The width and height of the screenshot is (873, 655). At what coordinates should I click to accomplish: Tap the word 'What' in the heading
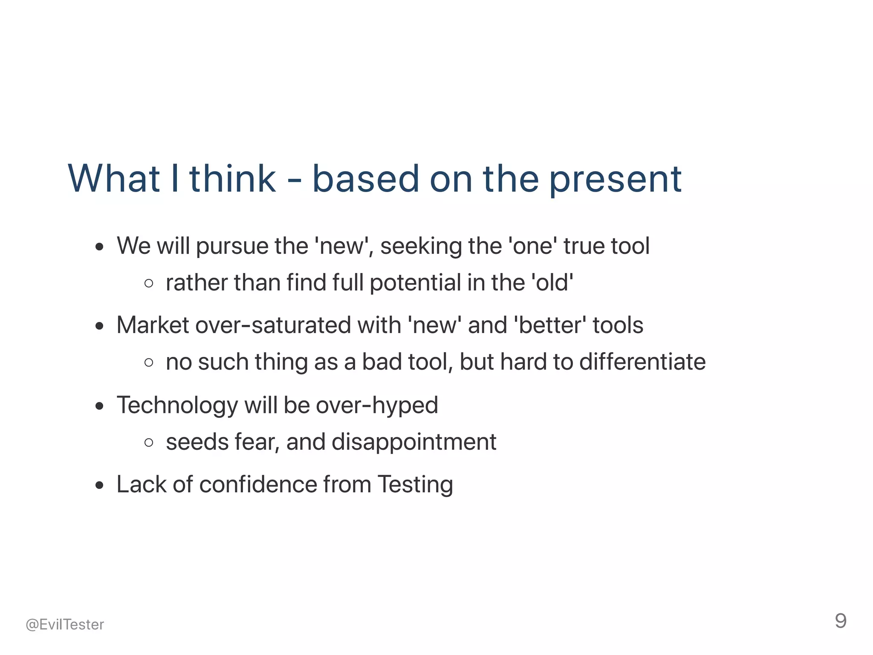click(x=113, y=179)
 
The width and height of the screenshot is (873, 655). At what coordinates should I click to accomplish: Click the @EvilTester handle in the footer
click(x=65, y=624)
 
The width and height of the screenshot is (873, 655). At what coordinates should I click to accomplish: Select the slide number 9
click(x=840, y=621)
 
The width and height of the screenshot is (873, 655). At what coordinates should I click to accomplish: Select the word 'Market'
click(x=153, y=325)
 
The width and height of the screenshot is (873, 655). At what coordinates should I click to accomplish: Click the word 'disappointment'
click(x=413, y=442)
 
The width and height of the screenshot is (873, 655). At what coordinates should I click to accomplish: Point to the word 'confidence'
click(x=258, y=485)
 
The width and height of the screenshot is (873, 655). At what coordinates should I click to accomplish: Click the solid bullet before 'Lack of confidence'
click(x=100, y=485)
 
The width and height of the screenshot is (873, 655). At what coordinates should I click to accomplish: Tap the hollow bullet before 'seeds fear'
click(x=149, y=442)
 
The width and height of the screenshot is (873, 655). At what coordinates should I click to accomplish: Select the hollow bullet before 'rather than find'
click(x=149, y=283)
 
